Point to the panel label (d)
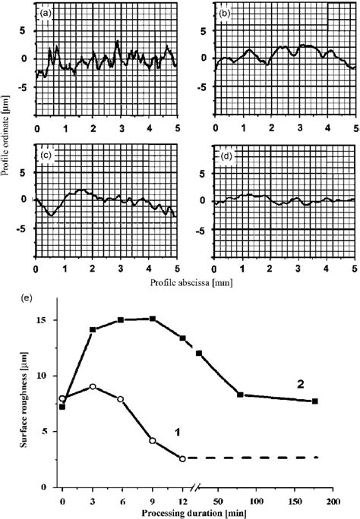coord(226,156)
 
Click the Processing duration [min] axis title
coord(190,513)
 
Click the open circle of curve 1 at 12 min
coord(182,458)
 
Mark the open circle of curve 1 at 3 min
coord(92,386)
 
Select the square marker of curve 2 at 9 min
coord(153,319)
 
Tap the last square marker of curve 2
coord(314,401)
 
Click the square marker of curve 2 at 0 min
coord(62,407)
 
